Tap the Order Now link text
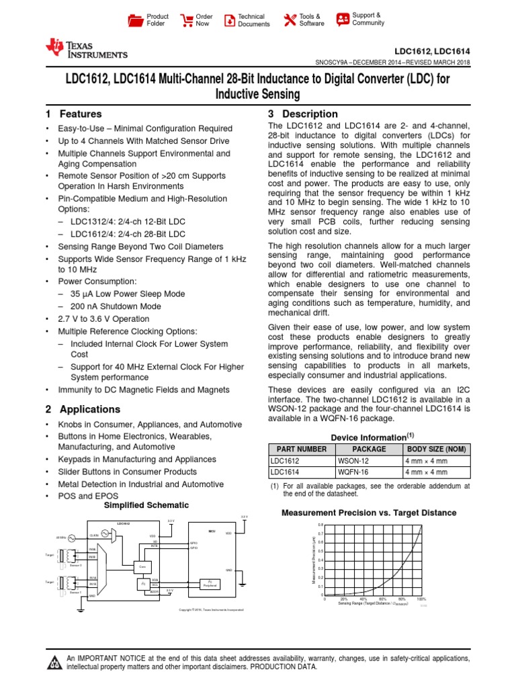pyautogui.click(x=203, y=20)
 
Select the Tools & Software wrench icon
pyautogui.click(x=290, y=20)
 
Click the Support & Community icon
pyautogui.click(x=343, y=19)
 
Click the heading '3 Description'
pyautogui.click(x=303, y=114)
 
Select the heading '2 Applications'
pyautogui.click(x=83, y=409)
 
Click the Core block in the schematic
pyautogui.click(x=142, y=566)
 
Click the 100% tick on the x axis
pyautogui.click(x=421, y=599)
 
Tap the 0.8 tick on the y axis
pyautogui.click(x=320, y=524)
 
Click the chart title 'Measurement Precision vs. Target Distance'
pyautogui.click(x=368, y=513)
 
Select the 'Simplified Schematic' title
pyautogui.click(x=146, y=505)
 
